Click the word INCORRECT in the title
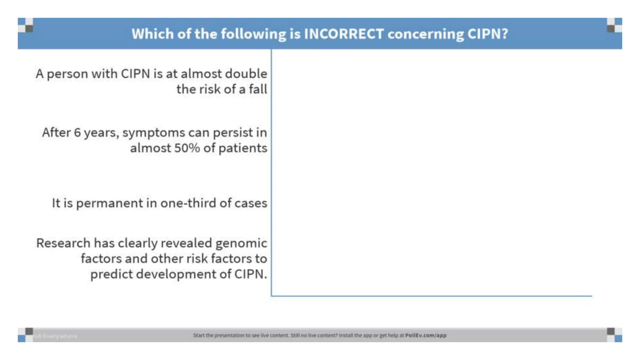pyautogui.click(x=344, y=34)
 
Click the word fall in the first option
pyautogui.click(x=258, y=89)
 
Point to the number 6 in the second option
pyautogui.click(x=77, y=132)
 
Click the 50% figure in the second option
pyautogui.click(x=187, y=148)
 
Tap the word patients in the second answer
pyautogui.click(x=243, y=148)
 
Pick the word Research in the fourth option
pyautogui.click(x=63, y=243)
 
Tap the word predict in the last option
pyautogui.click(x=111, y=274)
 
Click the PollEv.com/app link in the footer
pyautogui.click(x=426, y=335)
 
